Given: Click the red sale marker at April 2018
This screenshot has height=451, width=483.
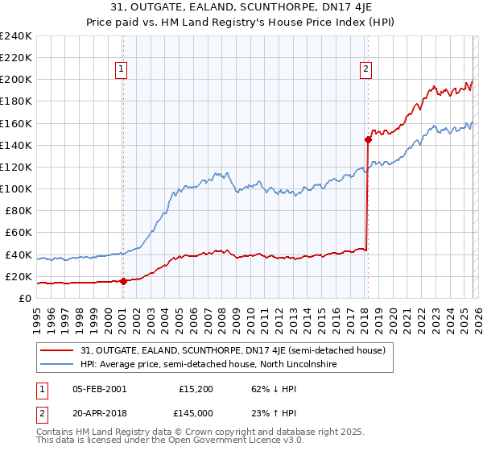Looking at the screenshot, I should [x=368, y=139].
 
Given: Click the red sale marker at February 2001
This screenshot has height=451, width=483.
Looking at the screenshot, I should [x=123, y=281].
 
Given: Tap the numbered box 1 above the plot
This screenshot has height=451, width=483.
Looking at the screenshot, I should [x=121, y=70].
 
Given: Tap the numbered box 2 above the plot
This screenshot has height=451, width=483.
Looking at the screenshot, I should [x=365, y=70].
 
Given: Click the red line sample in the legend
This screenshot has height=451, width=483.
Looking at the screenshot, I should [x=58, y=350].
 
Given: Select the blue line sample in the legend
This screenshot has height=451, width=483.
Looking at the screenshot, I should [x=58, y=364].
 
